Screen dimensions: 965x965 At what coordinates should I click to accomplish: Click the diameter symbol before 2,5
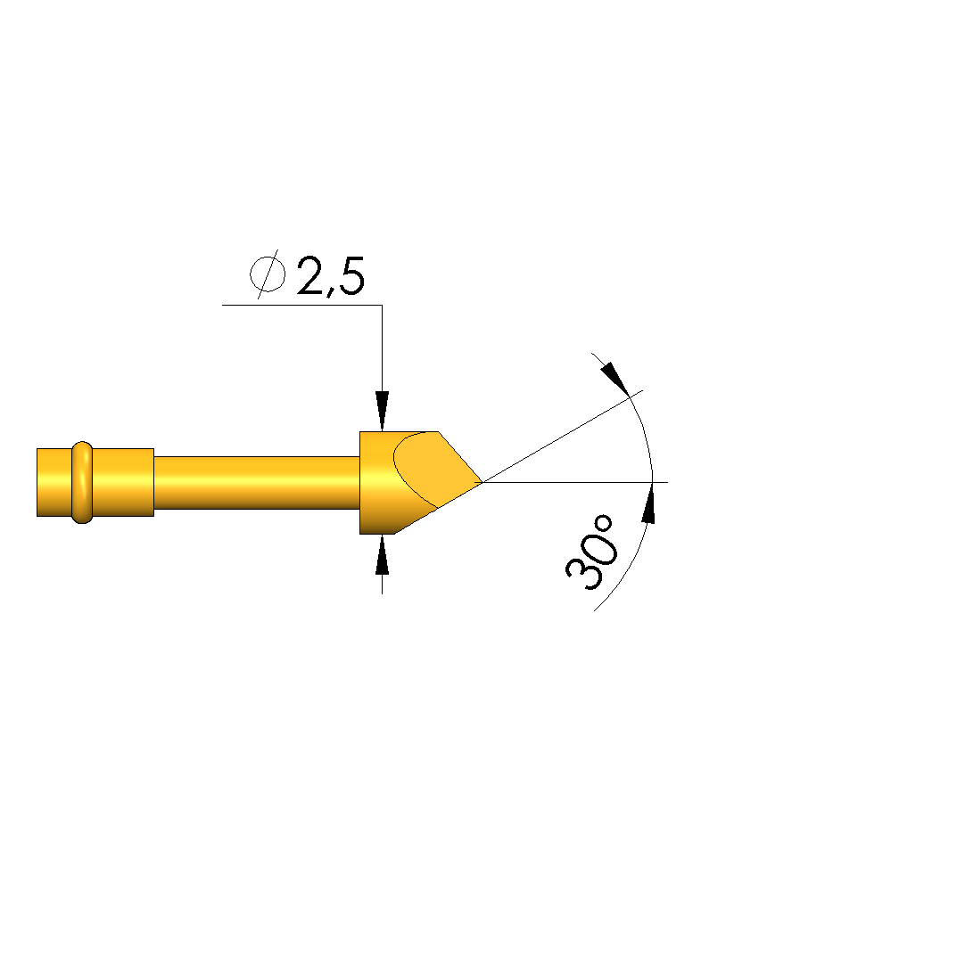click(268, 274)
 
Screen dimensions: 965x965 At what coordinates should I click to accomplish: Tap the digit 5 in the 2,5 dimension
click(351, 275)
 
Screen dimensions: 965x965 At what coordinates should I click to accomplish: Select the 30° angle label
click(590, 553)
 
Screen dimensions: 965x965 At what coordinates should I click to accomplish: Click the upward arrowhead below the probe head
click(383, 554)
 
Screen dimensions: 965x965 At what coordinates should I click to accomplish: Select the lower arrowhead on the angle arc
click(648, 503)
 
